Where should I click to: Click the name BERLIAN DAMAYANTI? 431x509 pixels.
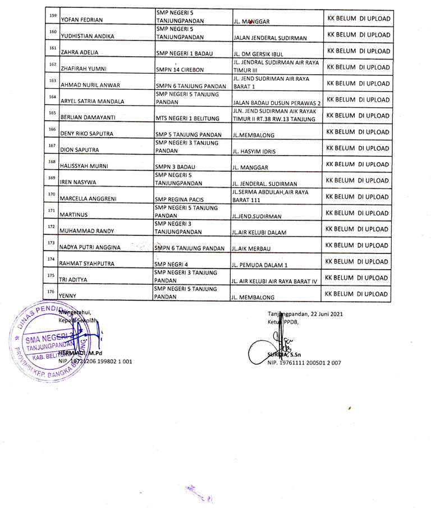[89, 119]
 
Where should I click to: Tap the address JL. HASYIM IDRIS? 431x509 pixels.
[254, 152]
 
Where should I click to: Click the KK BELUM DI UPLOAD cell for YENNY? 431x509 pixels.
[357, 294]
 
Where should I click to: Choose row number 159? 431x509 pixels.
[52, 15]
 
